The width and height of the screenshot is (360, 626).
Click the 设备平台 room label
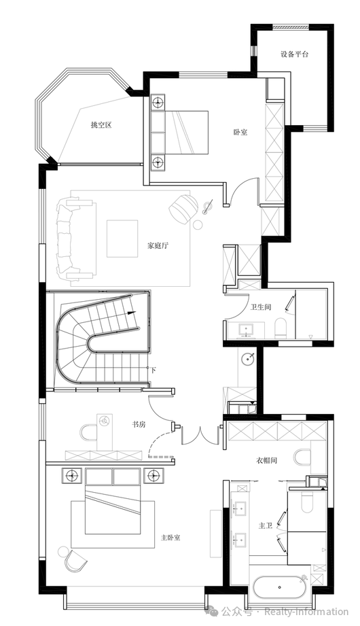coord(295,54)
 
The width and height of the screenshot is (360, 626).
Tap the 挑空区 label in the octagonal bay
coord(101,125)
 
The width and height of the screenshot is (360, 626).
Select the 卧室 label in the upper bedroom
coord(240,132)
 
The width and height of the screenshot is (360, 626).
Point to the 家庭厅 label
coord(158,245)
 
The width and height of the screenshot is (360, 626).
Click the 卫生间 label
coord(261,307)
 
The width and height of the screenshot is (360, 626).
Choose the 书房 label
coord(139,424)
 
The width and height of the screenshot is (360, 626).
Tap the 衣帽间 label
coord(266,460)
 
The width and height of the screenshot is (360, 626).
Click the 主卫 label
coord(265,526)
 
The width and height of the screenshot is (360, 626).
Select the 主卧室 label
coord(170,538)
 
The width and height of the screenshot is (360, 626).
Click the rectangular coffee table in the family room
coord(122,239)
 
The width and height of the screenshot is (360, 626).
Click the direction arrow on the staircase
coord(131,313)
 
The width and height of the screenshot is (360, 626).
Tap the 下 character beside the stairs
coord(154,370)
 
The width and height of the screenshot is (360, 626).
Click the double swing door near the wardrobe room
coord(200,435)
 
